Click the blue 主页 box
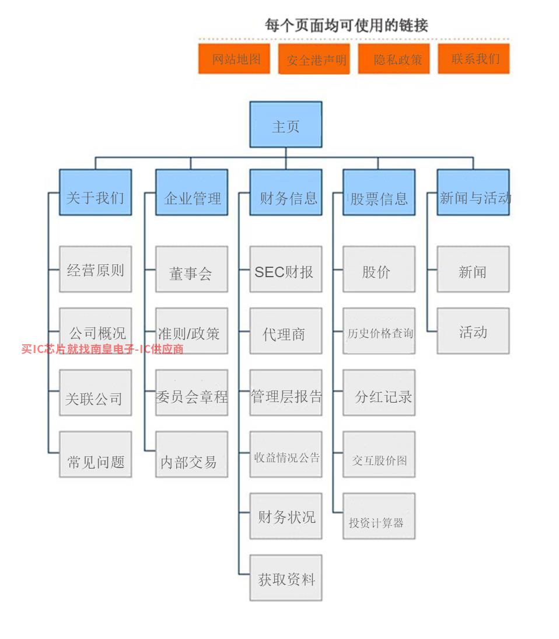pos(285,124)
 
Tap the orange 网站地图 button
pos(234,59)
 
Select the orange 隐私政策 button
pos(394,59)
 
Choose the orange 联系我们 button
pos(474,59)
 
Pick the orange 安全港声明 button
pos(314,59)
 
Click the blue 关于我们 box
pos(95,193)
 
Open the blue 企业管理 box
pos(191,193)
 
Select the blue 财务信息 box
pos(285,193)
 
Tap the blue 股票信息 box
pos(379,193)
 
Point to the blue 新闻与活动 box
pos(473,193)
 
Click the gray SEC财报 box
pos(285,269)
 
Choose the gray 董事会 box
pos(191,269)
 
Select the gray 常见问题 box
pos(95,455)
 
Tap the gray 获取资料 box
pos(285,578)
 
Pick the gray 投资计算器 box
pos(379,516)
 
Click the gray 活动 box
pos(473,331)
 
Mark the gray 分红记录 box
pos(379,393)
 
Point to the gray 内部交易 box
pos(191,455)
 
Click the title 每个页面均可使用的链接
pos(347,25)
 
